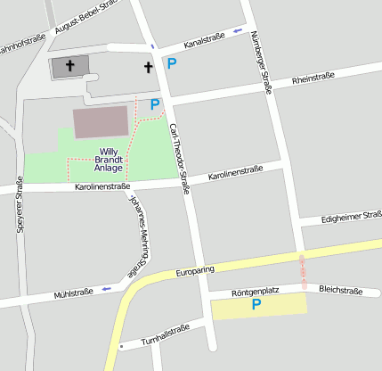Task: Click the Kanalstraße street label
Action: tap(204, 39)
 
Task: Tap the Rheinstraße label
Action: tap(313, 80)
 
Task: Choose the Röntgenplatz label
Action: tap(256, 293)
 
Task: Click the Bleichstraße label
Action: tap(340, 291)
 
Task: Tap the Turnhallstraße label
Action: tap(166, 336)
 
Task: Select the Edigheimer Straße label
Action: tap(352, 218)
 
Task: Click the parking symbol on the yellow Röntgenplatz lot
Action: tap(256, 306)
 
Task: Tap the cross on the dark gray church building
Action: tap(70, 67)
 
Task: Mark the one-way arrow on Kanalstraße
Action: tap(237, 32)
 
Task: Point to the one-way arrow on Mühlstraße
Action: tap(108, 288)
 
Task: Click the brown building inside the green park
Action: tap(101, 121)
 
